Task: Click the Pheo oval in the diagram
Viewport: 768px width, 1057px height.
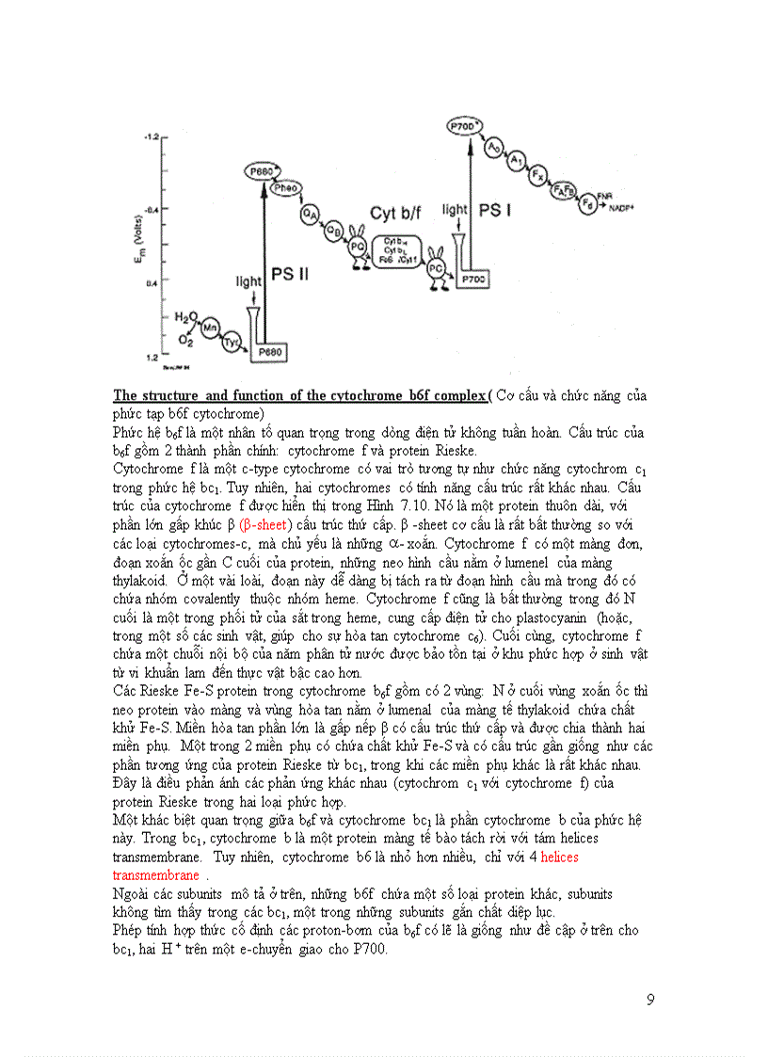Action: [285, 188]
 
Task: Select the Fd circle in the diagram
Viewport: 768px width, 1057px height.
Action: [590, 201]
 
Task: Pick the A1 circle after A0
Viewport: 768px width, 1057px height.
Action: [516, 161]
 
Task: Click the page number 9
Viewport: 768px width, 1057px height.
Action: [650, 1000]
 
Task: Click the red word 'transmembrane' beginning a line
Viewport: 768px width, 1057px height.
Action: [155, 874]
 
